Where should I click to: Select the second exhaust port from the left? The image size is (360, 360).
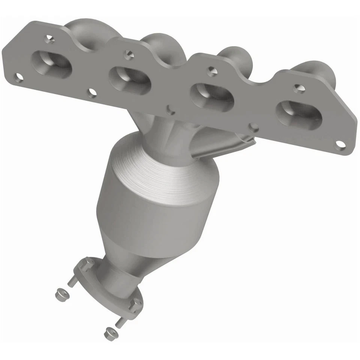[130, 79]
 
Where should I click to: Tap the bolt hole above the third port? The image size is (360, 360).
[212, 70]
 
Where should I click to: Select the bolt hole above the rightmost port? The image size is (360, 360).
[298, 88]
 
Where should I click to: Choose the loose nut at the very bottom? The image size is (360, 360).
[109, 332]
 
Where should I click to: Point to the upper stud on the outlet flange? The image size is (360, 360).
[71, 281]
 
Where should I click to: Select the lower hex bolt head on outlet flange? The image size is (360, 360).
[136, 302]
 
